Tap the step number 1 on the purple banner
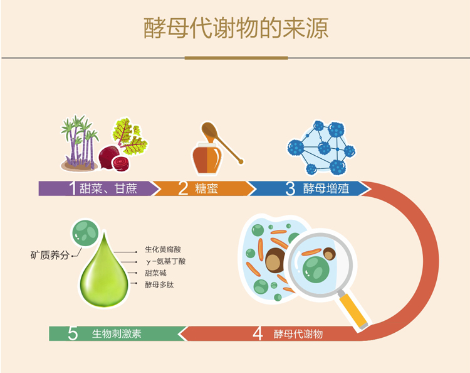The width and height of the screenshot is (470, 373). (72, 188)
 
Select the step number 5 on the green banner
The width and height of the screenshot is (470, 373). (73, 333)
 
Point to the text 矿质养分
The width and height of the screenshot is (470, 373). (50, 256)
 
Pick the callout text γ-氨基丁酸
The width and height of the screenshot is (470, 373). (165, 261)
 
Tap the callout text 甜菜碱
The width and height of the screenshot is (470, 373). (156, 273)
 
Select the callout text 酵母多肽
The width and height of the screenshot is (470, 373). (158, 284)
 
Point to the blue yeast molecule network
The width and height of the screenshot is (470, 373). (321, 146)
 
